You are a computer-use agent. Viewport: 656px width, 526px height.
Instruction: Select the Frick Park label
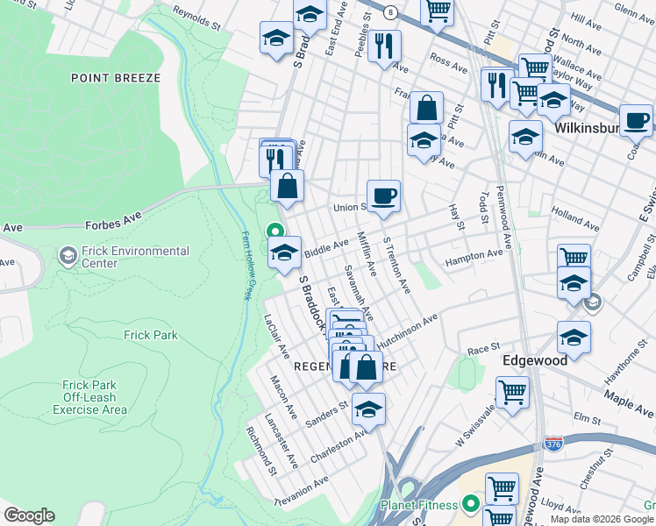coord(150,335)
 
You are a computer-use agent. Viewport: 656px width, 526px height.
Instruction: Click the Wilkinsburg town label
coord(589,127)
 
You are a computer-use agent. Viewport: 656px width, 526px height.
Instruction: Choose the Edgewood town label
coord(535,360)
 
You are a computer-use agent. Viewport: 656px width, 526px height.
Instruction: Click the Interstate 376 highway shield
coord(553,444)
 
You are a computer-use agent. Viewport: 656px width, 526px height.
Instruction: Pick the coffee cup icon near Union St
coord(383,195)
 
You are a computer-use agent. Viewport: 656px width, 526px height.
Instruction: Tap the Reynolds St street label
coord(196,19)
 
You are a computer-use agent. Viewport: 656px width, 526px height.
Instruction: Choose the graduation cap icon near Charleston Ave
coord(368,409)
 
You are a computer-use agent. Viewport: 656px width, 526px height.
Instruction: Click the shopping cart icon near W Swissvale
coord(512,392)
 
